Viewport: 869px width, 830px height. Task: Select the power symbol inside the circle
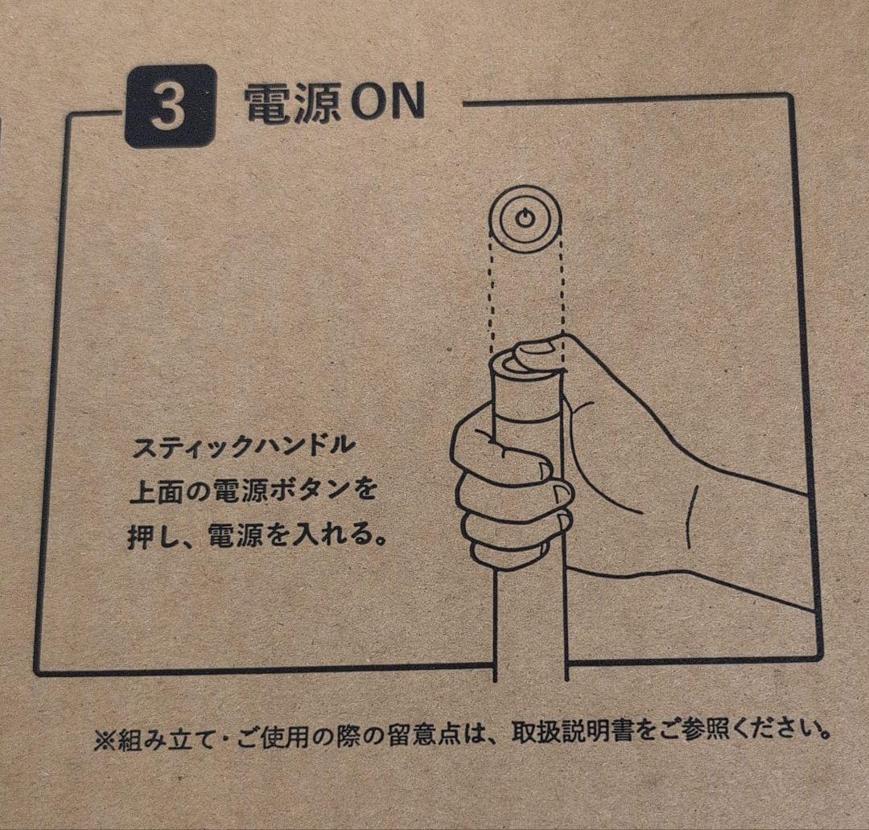525,218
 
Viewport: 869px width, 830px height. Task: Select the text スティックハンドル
241,447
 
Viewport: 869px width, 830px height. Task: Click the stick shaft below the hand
530,627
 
